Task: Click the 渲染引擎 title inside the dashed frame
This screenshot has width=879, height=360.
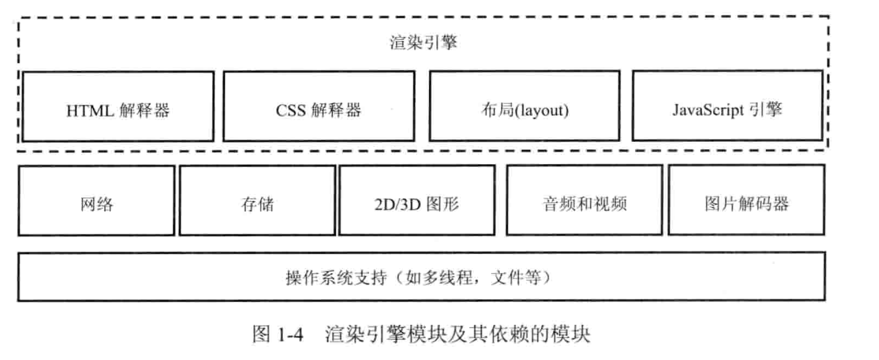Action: [423, 43]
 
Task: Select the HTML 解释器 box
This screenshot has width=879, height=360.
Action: [118, 107]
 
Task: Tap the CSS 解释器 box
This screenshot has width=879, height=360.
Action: [319, 107]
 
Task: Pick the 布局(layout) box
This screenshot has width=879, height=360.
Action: [525, 106]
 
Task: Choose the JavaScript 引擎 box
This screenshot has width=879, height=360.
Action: [727, 106]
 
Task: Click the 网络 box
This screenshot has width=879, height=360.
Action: [97, 201]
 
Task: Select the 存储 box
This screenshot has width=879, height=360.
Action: [257, 201]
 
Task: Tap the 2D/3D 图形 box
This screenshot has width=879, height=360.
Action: [417, 200]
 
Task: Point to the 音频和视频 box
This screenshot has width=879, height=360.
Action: [585, 200]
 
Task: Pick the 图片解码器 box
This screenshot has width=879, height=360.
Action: [746, 200]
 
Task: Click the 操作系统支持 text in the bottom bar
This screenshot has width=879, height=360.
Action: [336, 277]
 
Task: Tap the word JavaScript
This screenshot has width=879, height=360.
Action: [708, 110]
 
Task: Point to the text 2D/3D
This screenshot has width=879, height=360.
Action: [397, 204]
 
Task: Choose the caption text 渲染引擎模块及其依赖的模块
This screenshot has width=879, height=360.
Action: [458, 334]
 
